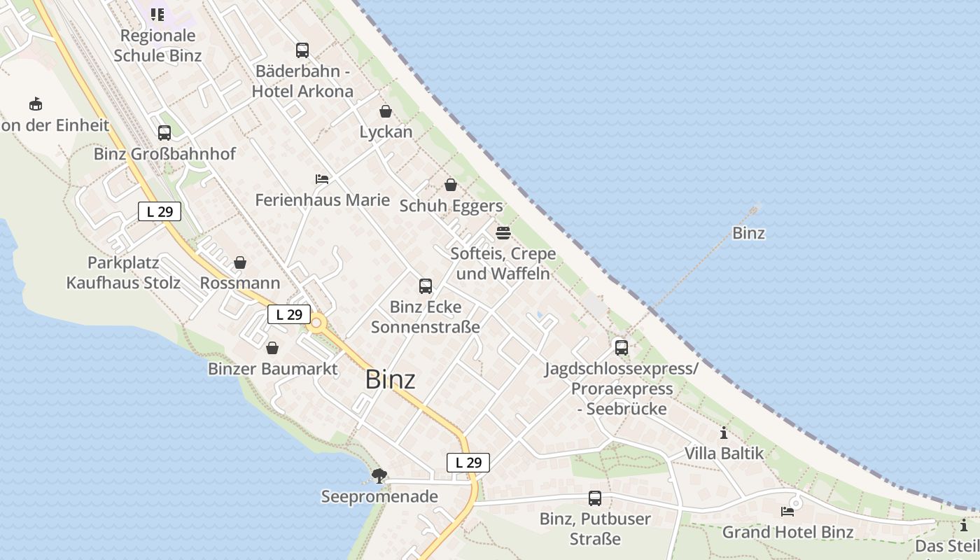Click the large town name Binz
[390, 379]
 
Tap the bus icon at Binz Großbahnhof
[164, 133]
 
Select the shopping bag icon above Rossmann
[240, 262]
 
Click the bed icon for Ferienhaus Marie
[322, 179]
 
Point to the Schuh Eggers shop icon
[451, 185]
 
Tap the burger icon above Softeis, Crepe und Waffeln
[503, 232]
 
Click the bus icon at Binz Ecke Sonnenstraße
[426, 286]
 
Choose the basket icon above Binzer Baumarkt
[272, 348]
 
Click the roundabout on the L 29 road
[316, 323]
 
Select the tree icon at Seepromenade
[379, 476]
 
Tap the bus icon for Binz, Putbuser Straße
[595, 498]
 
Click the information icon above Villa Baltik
[724, 433]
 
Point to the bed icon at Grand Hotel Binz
[787, 512]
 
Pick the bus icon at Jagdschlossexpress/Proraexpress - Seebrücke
[621, 347]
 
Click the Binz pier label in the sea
[748, 233]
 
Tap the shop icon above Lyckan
[386, 111]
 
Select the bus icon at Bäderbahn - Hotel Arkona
[302, 50]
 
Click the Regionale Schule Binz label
[157, 45]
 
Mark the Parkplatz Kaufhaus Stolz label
[123, 273]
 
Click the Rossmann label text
[240, 283]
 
